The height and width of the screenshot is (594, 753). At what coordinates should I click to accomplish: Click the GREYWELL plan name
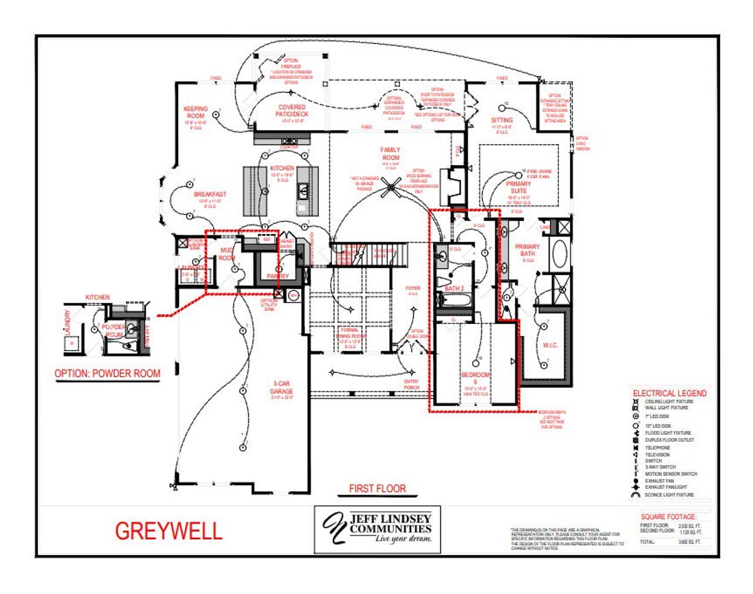(169, 531)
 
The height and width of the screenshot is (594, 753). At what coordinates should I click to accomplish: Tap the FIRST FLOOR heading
(377, 488)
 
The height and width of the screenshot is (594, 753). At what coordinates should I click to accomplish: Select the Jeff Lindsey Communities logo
(377, 529)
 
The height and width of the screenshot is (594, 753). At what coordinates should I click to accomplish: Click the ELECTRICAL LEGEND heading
(669, 393)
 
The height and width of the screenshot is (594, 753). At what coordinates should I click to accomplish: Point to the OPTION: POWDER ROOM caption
(107, 373)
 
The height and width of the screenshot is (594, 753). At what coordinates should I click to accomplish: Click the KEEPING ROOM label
(195, 112)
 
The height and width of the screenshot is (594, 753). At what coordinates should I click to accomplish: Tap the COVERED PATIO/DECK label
(292, 111)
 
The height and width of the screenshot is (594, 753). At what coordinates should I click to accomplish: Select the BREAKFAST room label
(210, 194)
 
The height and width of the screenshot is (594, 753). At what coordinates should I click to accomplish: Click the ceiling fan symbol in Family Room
(390, 188)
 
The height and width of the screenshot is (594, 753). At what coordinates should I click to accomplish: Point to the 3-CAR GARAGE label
(281, 388)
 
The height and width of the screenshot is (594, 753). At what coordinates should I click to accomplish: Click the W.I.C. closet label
(550, 345)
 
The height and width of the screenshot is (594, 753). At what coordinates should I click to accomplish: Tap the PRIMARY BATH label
(527, 250)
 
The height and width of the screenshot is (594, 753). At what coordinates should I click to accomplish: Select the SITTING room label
(502, 120)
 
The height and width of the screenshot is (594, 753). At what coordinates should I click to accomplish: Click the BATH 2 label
(455, 288)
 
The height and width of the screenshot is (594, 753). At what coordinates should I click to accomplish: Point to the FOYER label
(413, 288)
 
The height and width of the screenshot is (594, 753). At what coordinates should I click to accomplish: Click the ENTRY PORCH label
(411, 385)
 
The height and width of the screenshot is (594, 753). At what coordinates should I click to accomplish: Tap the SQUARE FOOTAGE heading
(668, 516)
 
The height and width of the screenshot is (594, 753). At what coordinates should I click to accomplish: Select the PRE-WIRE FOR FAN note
(539, 173)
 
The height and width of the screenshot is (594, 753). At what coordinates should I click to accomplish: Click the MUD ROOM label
(226, 254)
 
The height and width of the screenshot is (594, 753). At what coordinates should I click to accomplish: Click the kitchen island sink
(303, 190)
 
